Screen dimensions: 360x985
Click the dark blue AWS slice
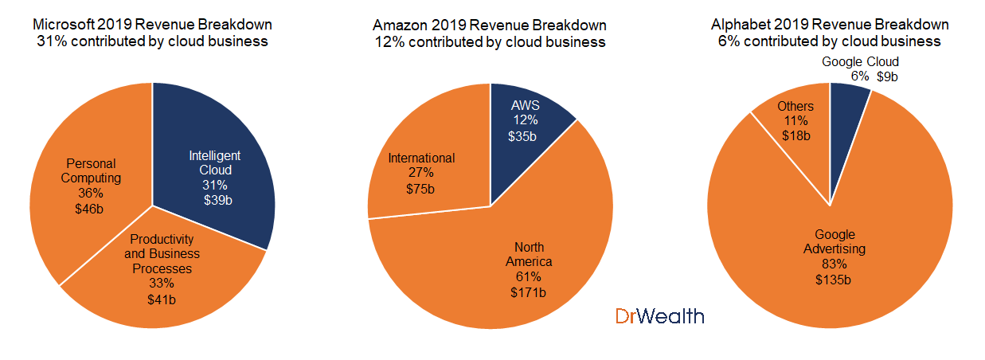click(526, 119)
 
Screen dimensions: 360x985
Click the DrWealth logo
click(659, 316)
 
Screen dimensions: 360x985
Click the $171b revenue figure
click(527, 292)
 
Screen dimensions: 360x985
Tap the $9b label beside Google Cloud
click(888, 76)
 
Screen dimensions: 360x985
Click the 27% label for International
click(421, 173)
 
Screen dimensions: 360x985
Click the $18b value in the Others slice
click(795, 135)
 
